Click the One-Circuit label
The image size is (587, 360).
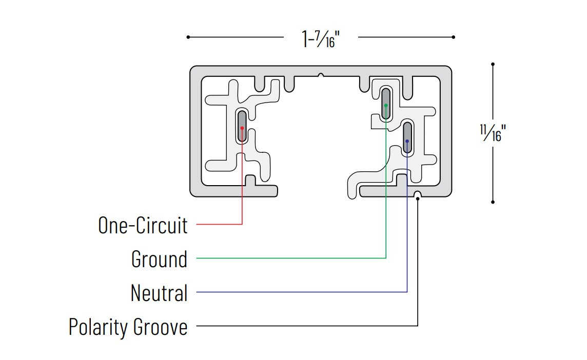coord(143,225)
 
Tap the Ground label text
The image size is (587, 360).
coord(159,259)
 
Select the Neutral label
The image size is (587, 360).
coord(159,293)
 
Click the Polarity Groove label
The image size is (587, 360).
coord(128,327)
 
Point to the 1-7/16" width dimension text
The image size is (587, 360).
coord(320,38)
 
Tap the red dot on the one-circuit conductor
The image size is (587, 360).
coord(242,128)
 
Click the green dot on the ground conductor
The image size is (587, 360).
coord(386,106)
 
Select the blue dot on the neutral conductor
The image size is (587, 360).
coord(407,141)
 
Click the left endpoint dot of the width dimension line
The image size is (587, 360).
coord(188,37)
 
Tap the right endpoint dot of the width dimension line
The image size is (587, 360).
coord(454,37)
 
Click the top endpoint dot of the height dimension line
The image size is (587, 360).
coord(493,64)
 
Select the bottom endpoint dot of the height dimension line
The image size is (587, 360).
coord(493,202)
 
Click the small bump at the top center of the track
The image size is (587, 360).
coord(321,75)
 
